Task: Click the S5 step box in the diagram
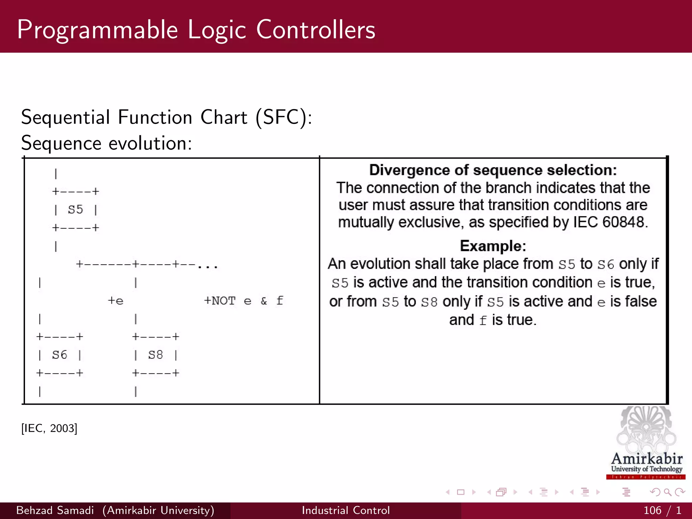75,209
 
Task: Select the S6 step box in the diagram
59,355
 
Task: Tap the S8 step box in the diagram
155,355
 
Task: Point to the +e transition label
116,300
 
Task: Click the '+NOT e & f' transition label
243,300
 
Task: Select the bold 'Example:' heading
493,246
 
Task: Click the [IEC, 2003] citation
49,428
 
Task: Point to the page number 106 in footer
652,510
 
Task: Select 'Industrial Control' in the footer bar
346,510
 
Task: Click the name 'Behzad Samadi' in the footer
55,510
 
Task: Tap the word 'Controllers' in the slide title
316,30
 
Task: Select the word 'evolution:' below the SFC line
150,143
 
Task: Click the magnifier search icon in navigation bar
667,492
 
